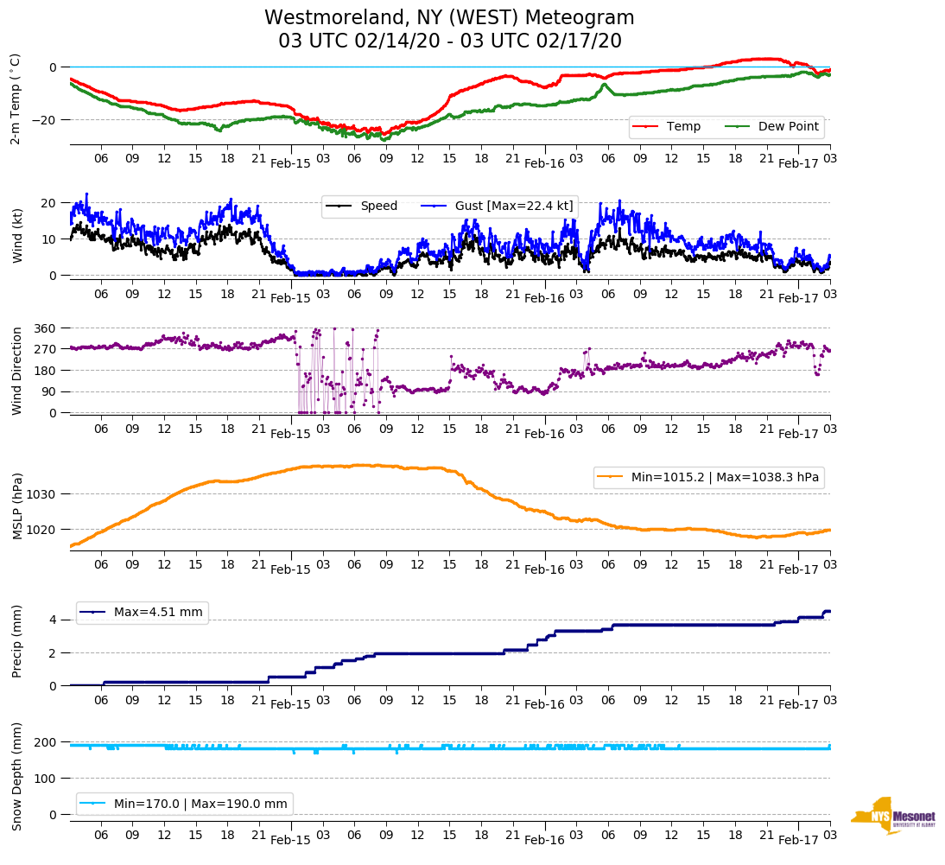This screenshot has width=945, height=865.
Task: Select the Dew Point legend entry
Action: click(x=789, y=126)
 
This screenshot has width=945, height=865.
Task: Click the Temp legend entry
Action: click(x=682, y=126)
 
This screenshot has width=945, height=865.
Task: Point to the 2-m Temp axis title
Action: click(x=15, y=99)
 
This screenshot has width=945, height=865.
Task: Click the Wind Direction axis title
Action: click(x=16, y=371)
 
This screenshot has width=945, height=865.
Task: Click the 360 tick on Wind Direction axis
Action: click(x=45, y=328)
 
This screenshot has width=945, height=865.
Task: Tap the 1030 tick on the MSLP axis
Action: click(x=41, y=494)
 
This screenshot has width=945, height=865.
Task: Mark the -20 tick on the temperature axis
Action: click(x=45, y=119)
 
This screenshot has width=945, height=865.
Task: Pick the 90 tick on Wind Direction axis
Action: click(x=48, y=391)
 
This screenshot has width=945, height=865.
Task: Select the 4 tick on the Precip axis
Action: click(x=53, y=620)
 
